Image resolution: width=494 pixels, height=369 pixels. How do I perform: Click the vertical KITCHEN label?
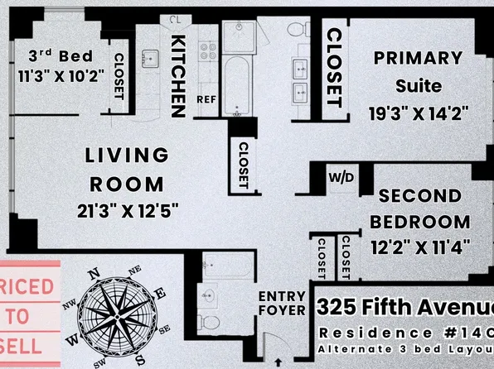(x=177, y=74)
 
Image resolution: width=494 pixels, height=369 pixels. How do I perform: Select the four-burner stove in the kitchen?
(x=206, y=58)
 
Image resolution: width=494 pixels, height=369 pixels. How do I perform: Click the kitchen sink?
(x=150, y=59)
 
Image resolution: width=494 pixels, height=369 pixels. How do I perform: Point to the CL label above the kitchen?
(x=174, y=19)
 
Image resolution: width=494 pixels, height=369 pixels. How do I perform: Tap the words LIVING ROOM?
(x=127, y=169)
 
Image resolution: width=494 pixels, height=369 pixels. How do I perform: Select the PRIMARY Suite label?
(x=417, y=70)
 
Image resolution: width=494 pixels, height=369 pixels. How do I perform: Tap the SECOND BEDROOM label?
(x=420, y=209)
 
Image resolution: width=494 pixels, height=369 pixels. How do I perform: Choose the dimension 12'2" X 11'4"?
(x=421, y=247)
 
